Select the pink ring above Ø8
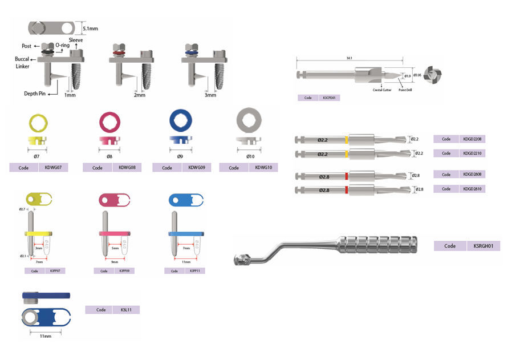coord(111,122)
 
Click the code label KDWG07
coord(52,168)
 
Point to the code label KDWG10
coord(263,168)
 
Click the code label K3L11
coord(124,310)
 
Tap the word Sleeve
coord(76,41)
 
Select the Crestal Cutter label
coord(381,90)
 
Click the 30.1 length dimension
coord(349,58)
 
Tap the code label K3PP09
coord(123,271)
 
